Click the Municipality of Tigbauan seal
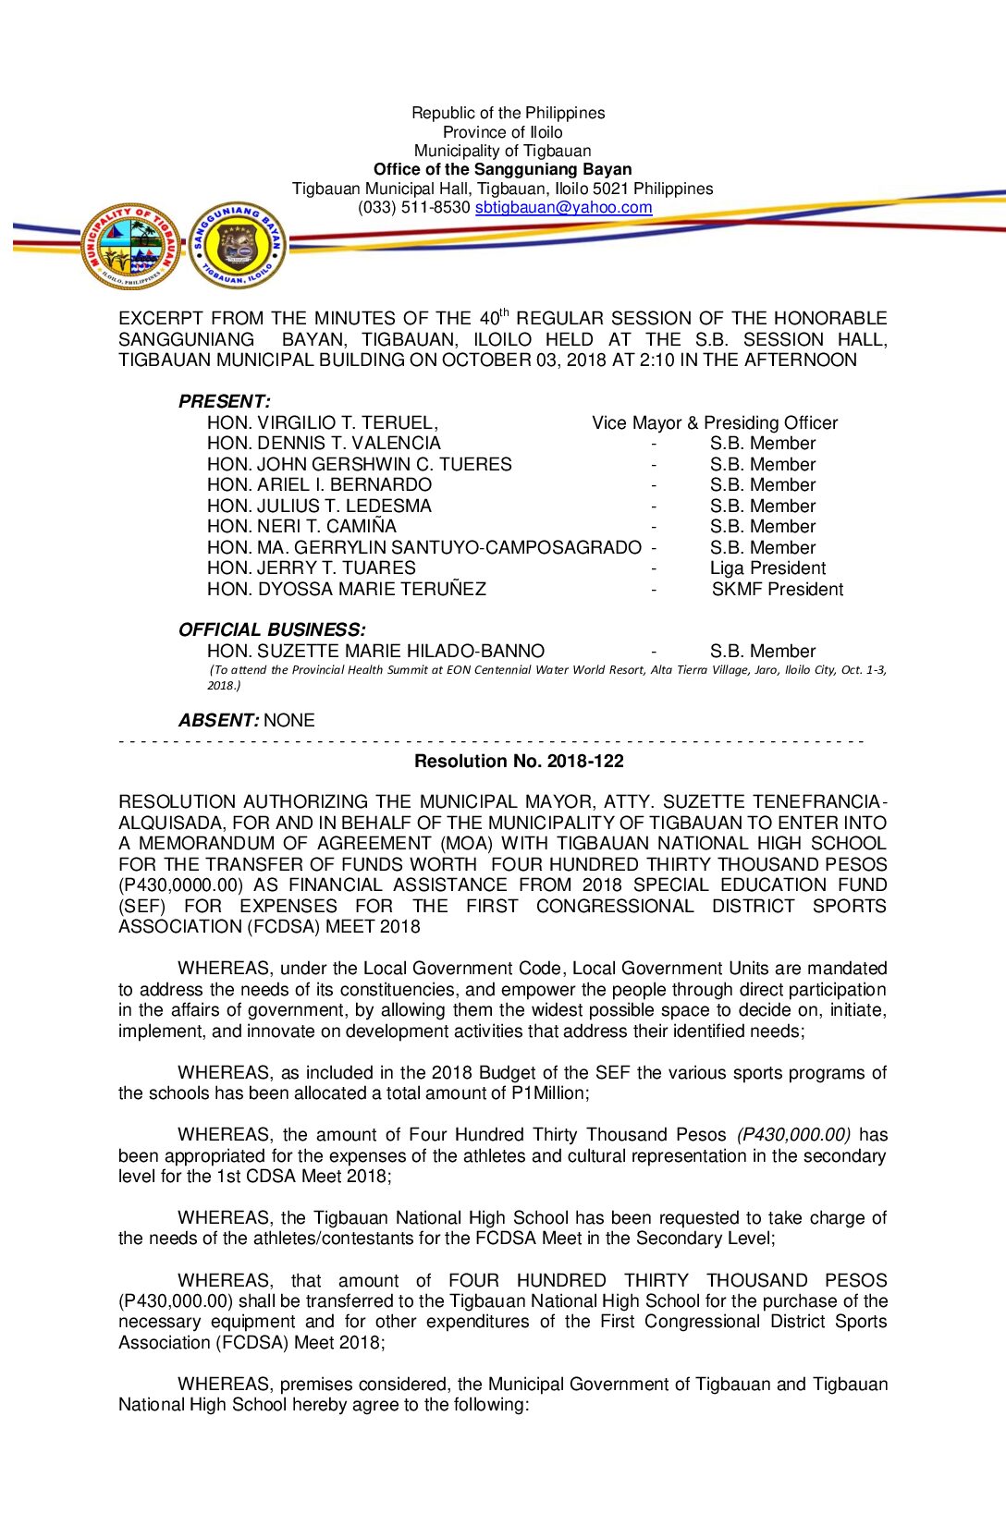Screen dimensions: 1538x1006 click(131, 246)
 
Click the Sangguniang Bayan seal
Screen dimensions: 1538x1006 click(238, 245)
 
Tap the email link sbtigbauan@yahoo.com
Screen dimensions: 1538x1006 click(563, 208)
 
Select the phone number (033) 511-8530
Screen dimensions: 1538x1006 click(413, 208)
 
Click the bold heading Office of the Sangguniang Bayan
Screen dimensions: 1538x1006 click(502, 169)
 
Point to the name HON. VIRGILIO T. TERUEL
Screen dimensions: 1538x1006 click(322, 423)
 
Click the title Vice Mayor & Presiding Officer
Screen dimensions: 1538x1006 click(715, 423)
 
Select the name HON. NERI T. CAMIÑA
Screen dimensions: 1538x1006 click(301, 527)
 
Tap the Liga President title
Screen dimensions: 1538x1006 click(767, 568)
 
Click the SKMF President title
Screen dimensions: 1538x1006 click(777, 590)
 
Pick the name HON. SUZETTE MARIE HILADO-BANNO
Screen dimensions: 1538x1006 click(375, 652)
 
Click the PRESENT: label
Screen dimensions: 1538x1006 click(225, 402)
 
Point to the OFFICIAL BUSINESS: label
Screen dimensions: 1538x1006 click(272, 630)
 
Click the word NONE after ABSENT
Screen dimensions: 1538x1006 click(289, 721)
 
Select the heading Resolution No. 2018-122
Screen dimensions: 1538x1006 click(519, 762)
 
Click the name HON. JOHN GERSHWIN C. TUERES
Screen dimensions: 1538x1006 click(359, 465)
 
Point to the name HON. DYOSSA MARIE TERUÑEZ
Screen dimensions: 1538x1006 click(346, 590)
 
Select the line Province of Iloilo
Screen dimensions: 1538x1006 click(502, 132)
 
